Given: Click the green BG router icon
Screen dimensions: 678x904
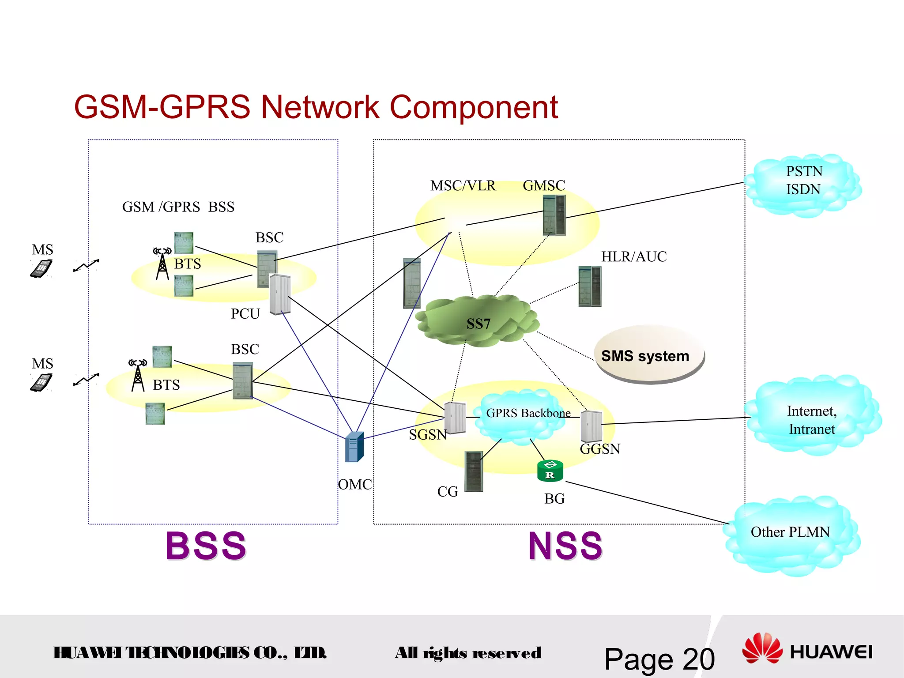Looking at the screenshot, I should [550, 471].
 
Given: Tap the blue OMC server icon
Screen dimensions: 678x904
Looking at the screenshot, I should [354, 447].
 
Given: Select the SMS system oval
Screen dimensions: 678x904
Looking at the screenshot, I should [648, 355].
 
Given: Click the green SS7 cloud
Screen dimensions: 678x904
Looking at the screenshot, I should [478, 321].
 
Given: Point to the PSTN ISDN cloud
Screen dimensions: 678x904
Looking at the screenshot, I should [803, 184].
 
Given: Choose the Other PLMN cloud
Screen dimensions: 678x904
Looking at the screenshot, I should [791, 534].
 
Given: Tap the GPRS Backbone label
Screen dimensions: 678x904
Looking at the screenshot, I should [528, 413].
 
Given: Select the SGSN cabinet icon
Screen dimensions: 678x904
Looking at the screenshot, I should [455, 417].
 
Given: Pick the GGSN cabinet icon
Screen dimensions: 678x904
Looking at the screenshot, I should [591, 426].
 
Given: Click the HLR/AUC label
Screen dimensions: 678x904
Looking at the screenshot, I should [633, 256].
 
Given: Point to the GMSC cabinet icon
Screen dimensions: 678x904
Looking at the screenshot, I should [554, 215].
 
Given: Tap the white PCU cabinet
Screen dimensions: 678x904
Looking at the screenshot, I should [280, 294].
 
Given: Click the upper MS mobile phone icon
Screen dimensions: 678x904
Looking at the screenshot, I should [41, 268].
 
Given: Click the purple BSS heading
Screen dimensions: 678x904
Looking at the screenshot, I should [206, 546].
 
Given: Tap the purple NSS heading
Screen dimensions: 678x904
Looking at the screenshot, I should [565, 546].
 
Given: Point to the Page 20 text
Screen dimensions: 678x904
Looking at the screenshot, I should [659, 659].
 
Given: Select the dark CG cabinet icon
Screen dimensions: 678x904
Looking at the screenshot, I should [474, 471].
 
